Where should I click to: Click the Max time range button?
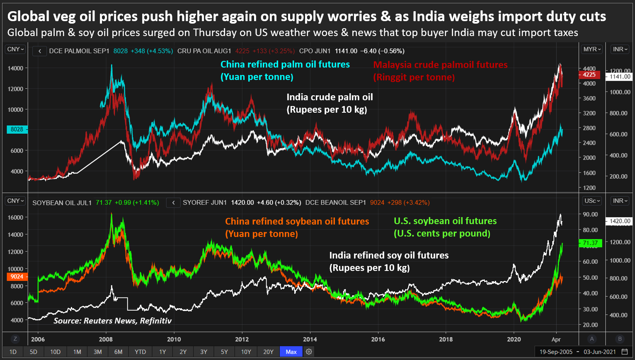click(291, 352)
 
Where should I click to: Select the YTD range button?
click(140, 352)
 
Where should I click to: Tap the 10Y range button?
click(246, 352)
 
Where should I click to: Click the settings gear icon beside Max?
click(309, 352)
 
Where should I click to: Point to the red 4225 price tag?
click(589, 75)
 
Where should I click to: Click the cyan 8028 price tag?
click(17, 129)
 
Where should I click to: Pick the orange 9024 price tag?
click(17, 276)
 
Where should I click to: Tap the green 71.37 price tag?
click(590, 243)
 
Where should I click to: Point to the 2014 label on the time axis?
click(310, 339)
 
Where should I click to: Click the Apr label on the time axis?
click(556, 339)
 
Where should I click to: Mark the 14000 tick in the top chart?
click(15, 68)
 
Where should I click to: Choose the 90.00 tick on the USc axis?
click(591, 214)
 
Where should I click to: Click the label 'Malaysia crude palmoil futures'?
click(440, 65)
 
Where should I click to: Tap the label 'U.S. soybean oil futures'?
click(445, 221)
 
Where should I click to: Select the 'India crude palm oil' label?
click(330, 97)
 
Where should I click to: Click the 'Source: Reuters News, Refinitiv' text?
click(112, 321)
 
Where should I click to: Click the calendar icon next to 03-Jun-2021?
click(625, 352)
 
